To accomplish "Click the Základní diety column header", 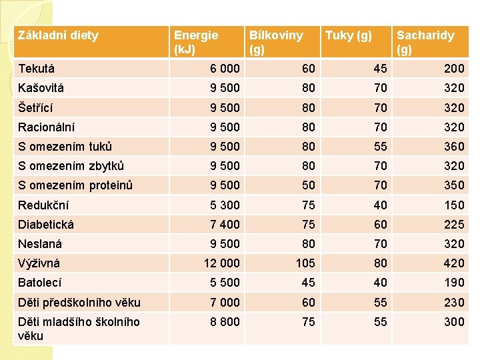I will [59, 35].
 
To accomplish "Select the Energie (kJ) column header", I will [195, 42].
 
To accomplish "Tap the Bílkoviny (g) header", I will [275, 42].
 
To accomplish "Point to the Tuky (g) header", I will [349, 35].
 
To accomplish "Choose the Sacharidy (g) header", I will [425, 42].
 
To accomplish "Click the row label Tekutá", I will [37, 69].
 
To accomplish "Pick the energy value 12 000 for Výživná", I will [221, 263].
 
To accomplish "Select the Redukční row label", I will [44, 205].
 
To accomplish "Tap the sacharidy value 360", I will [454, 147].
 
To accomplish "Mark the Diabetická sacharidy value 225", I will [454, 225].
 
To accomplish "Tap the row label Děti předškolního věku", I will [79, 303].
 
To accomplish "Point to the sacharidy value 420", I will [454, 263].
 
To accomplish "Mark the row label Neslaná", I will [41, 244].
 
